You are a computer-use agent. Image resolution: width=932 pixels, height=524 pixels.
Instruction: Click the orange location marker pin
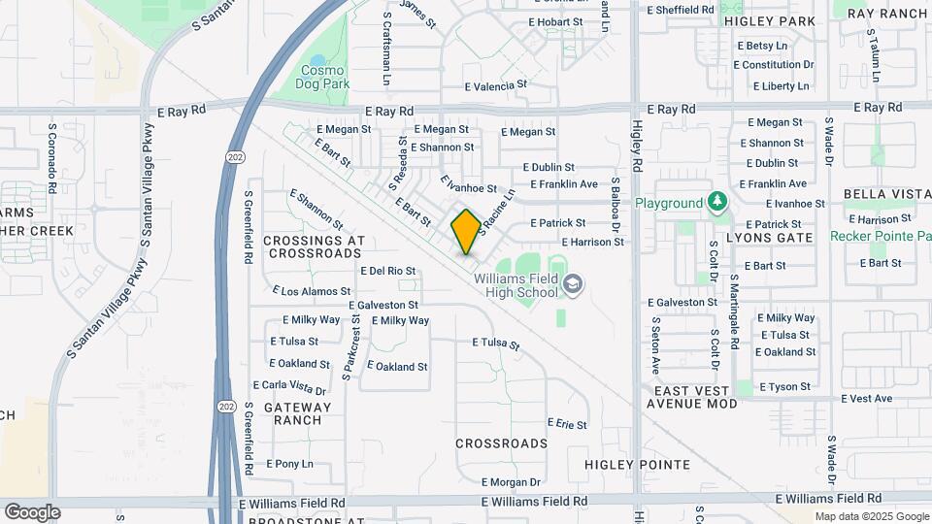click(x=466, y=231)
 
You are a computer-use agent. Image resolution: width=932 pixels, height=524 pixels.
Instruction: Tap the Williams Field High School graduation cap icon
click(x=573, y=284)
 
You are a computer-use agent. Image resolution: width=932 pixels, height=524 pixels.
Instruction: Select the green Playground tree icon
click(x=717, y=202)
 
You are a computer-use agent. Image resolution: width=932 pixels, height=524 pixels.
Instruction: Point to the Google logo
click(x=32, y=511)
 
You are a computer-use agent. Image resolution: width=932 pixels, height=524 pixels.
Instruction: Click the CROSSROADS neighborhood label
click(x=502, y=443)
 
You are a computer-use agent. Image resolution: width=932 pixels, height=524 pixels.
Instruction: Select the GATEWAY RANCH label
click(x=291, y=413)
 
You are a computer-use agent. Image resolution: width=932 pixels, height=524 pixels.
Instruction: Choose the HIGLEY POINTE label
click(x=638, y=465)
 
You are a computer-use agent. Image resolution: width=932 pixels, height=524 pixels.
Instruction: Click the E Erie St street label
click(x=567, y=424)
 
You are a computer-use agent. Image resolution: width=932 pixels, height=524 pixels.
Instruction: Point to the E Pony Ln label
click(x=289, y=464)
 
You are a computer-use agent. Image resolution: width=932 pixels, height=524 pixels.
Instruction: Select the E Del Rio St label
click(x=387, y=271)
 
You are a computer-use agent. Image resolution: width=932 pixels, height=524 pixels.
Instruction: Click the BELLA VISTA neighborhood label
click(x=881, y=194)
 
